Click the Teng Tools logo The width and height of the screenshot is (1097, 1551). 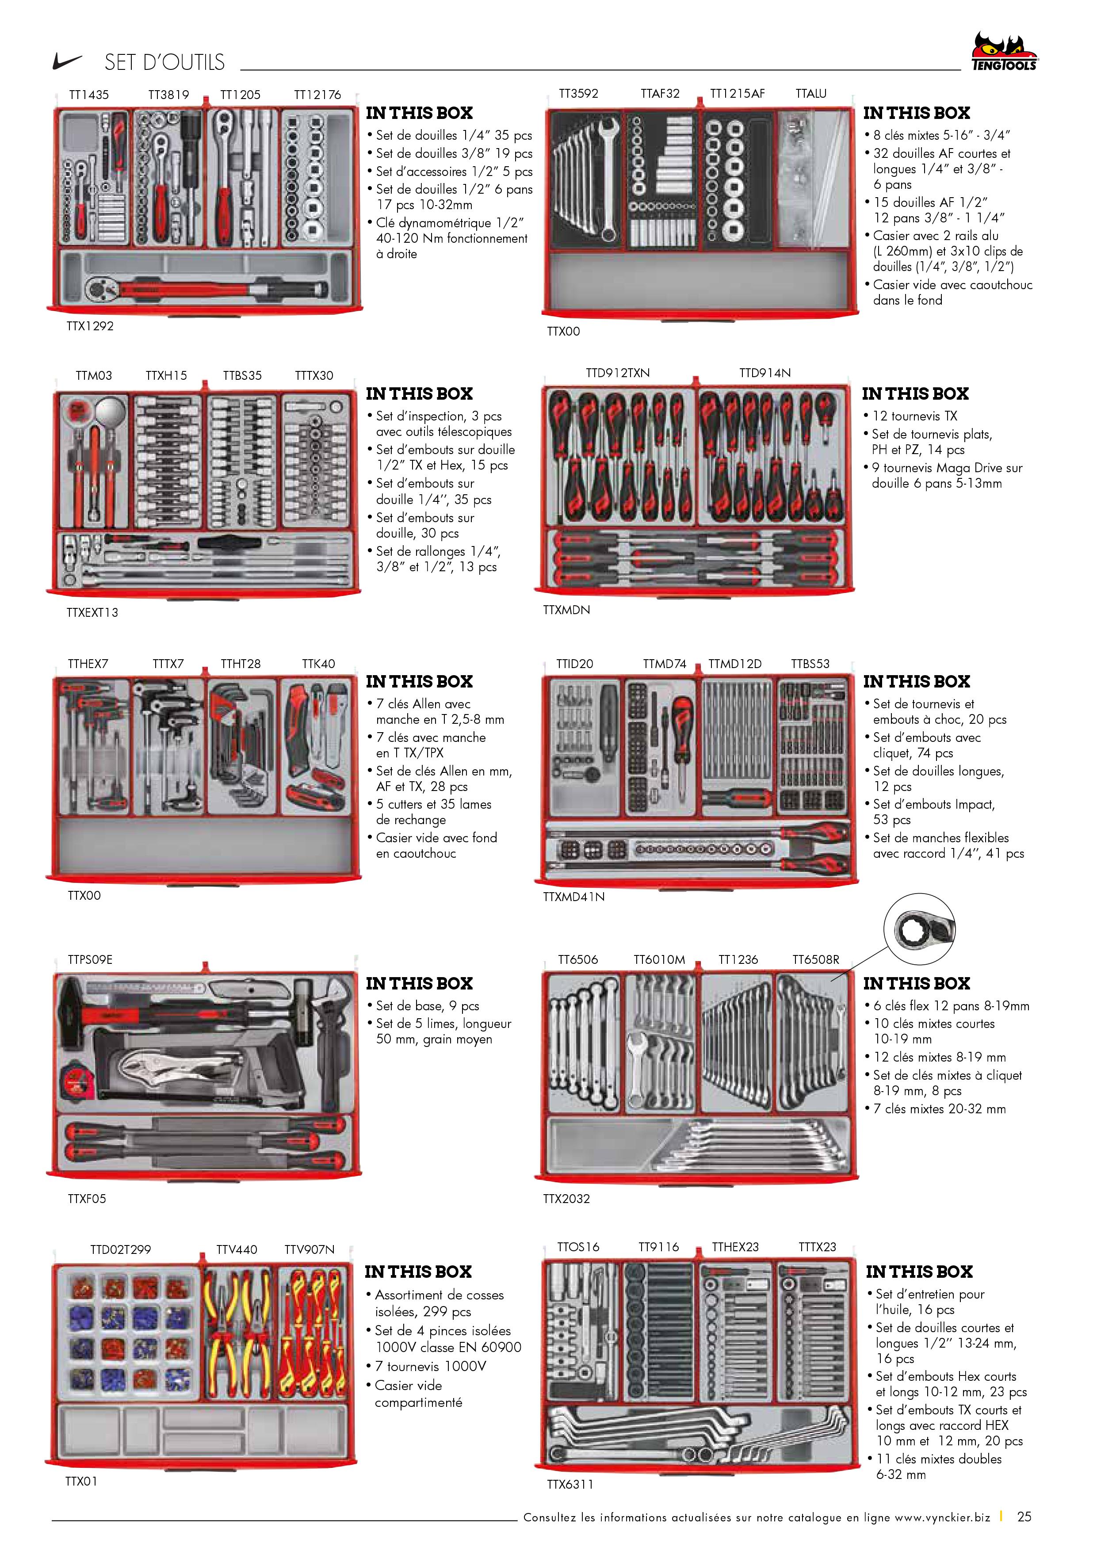(1004, 52)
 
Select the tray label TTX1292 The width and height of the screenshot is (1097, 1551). (90, 325)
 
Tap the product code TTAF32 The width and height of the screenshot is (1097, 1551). (660, 93)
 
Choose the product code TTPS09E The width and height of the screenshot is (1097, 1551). (90, 959)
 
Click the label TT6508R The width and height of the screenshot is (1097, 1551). (815, 959)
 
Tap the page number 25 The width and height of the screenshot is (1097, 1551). (1024, 1517)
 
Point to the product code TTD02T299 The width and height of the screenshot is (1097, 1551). (120, 1250)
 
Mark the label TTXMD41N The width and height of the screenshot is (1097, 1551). (573, 896)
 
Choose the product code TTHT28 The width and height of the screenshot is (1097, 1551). (241, 664)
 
